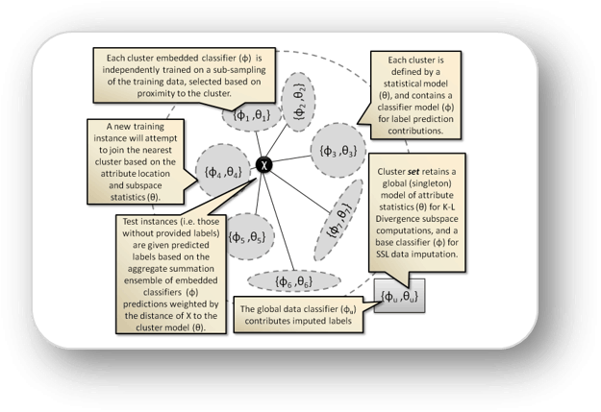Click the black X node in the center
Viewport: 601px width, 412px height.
263,165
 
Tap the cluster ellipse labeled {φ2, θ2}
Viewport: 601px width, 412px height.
298,102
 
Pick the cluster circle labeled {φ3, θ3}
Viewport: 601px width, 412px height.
338,151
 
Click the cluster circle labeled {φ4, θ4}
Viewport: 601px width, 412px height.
223,172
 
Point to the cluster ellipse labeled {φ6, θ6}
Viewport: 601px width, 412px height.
294,281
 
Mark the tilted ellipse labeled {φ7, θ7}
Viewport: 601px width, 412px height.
338,220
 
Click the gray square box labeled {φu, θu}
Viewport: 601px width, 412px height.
399,296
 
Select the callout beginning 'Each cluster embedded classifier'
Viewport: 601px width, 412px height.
184,76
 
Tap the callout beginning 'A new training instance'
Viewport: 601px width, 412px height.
136,161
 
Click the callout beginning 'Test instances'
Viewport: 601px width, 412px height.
171,274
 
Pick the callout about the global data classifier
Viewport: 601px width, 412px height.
298,314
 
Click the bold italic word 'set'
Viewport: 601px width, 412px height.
413,172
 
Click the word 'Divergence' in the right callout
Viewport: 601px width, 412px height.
395,219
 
